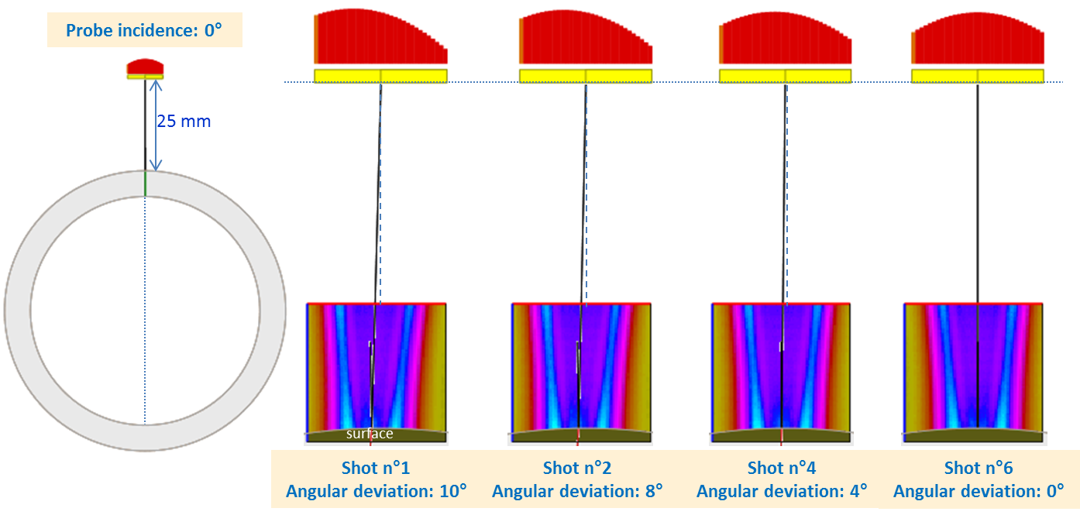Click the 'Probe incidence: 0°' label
144,31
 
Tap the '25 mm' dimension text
184,122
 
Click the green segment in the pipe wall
145,184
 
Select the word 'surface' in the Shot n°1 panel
370,434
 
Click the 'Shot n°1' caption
376,468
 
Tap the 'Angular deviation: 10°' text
376,491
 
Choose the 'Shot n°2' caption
577,468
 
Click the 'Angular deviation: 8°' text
577,491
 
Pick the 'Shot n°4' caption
782,468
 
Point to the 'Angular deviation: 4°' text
782,491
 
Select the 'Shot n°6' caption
979,468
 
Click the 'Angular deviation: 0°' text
979,491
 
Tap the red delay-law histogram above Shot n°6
977,40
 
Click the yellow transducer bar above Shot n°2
585,76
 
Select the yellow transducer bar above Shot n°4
785,76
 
